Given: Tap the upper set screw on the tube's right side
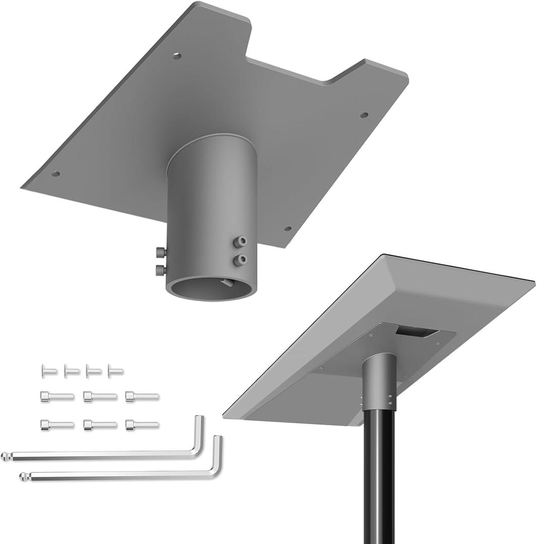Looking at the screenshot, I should tap(241, 242).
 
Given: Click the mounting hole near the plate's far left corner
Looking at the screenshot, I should tap(56, 174).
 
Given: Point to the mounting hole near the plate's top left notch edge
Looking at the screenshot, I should tap(176, 56).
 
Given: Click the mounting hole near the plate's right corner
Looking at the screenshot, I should tap(364, 115).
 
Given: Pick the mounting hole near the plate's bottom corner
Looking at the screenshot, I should tap(287, 229).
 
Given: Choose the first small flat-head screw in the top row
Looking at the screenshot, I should tap(49, 372).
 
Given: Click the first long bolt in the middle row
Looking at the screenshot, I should tap(57, 397).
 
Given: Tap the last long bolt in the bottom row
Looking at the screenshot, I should tap(142, 425).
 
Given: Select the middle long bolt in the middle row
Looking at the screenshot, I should tap(100, 397).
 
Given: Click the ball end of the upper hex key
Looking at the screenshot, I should tap(6, 457).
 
